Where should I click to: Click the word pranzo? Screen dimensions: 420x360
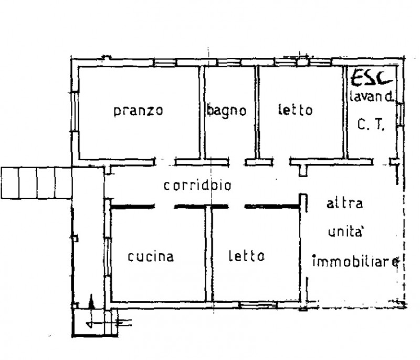(x=138, y=111)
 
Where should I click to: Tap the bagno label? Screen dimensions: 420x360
(x=227, y=110)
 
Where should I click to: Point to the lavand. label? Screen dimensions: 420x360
(x=372, y=97)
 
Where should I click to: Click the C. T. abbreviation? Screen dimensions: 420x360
(x=371, y=125)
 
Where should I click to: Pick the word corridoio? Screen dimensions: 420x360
(x=197, y=186)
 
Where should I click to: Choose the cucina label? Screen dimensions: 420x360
(x=151, y=256)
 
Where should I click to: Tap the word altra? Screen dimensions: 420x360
(x=345, y=203)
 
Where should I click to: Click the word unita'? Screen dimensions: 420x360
(x=345, y=232)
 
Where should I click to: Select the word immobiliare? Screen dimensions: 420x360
(x=356, y=261)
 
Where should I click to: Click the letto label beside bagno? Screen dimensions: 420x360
(x=296, y=110)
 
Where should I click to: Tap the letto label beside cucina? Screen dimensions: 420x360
(x=247, y=256)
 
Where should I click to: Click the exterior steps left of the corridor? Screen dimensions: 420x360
(x=36, y=183)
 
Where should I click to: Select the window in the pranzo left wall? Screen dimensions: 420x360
(x=75, y=112)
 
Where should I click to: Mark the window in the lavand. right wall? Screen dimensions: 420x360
(x=400, y=114)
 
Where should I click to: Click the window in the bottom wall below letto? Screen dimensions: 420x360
(x=258, y=305)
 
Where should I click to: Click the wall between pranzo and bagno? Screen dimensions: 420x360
(x=202, y=112)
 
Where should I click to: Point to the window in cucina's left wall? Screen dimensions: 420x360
(x=107, y=256)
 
